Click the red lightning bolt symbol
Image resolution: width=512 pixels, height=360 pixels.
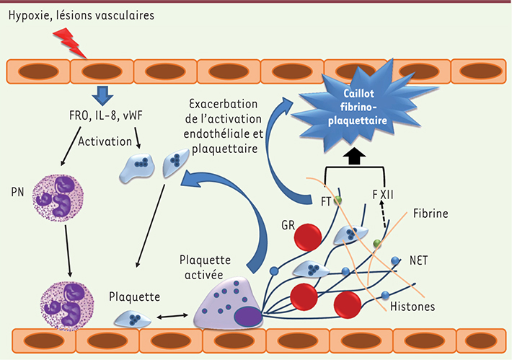[x=73, y=44]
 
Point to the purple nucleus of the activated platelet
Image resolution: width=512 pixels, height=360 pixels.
[x=246, y=315]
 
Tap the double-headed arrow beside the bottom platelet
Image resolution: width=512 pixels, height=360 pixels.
[x=171, y=315]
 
